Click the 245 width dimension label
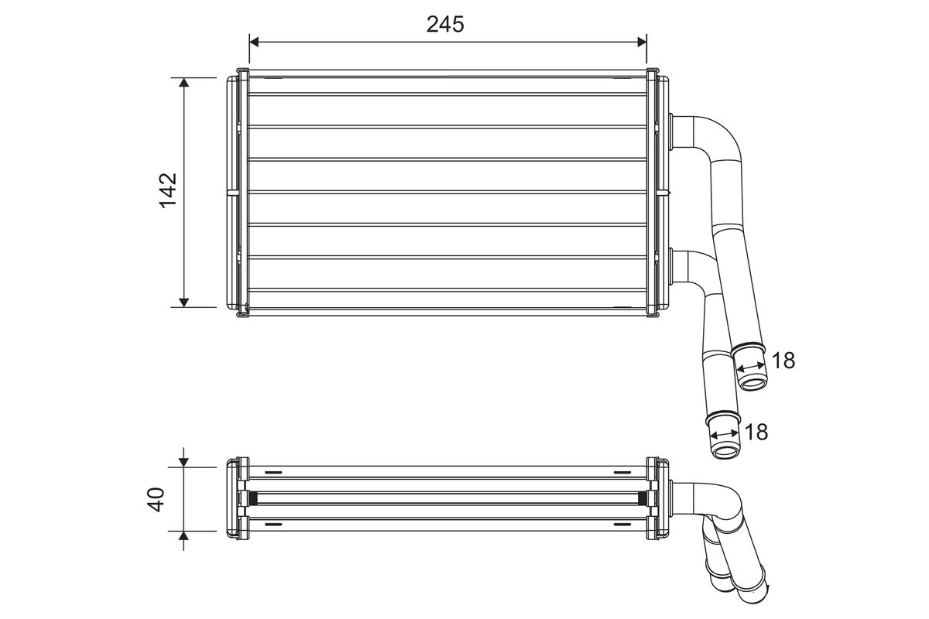pos(445,25)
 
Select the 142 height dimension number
pos(168,190)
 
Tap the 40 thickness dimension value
pos(157,499)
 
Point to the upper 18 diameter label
pos(783,360)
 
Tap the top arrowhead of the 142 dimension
pos(184,83)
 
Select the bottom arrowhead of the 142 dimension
pos(184,302)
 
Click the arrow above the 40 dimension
pos(184,461)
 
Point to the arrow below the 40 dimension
pos(184,537)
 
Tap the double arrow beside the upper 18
pos(749,366)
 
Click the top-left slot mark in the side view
pos(274,473)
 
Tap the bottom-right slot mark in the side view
pos(622,525)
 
